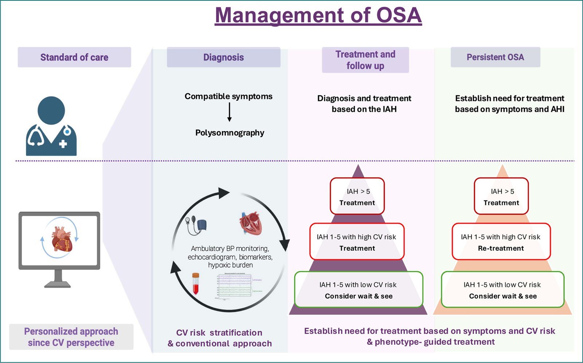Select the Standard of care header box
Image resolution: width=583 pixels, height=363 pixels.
click(x=74, y=57)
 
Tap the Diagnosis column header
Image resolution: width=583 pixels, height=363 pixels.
click(x=223, y=57)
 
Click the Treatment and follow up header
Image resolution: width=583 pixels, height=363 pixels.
click(x=365, y=60)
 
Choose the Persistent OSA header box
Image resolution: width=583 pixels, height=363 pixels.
click(x=495, y=57)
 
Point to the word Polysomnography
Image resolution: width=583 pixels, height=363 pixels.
click(x=230, y=133)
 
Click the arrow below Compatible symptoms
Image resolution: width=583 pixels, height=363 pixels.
click(x=229, y=112)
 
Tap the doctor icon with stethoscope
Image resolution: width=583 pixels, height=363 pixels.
click(x=51, y=126)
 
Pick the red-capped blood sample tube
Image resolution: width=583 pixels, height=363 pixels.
click(x=196, y=283)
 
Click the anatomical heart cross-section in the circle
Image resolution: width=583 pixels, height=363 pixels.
click(x=251, y=223)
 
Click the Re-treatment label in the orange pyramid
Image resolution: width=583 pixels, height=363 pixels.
click(x=501, y=248)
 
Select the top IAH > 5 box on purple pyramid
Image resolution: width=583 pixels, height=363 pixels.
click(x=357, y=196)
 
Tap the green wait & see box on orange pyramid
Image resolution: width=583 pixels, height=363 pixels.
click(x=502, y=290)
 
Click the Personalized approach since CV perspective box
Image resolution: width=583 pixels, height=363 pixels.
click(x=71, y=337)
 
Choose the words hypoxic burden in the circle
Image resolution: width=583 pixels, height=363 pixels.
click(x=230, y=265)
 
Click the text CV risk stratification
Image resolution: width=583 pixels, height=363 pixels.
click(x=219, y=333)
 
